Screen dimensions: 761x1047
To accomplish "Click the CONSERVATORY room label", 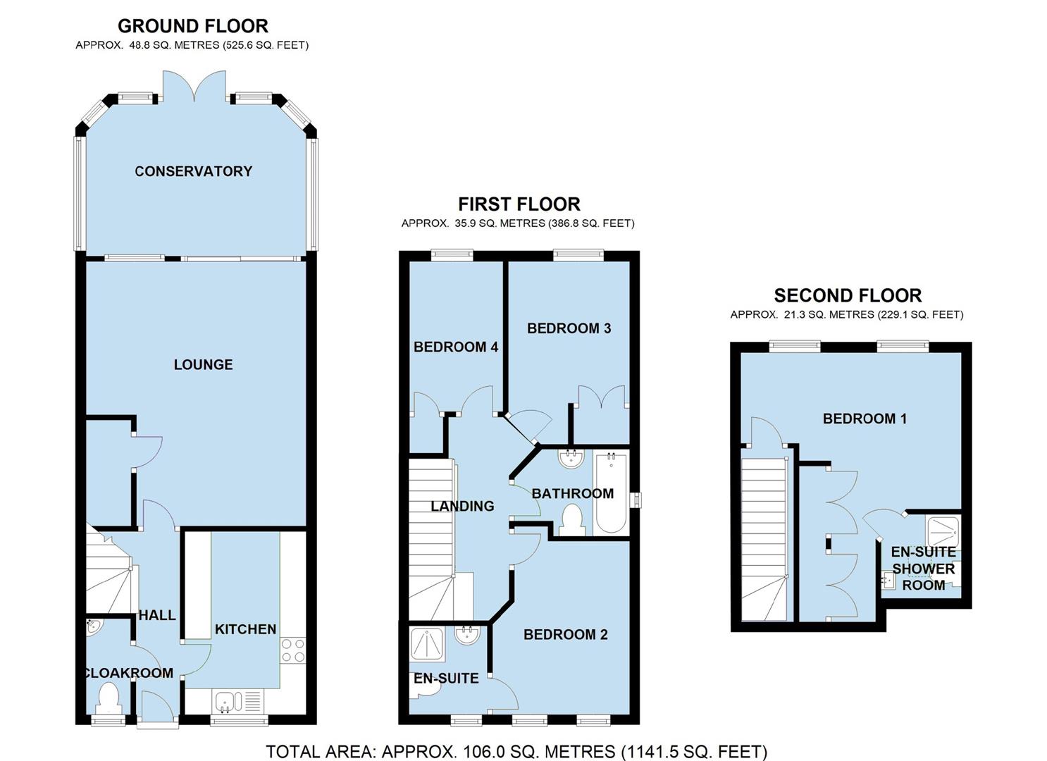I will tap(193, 171).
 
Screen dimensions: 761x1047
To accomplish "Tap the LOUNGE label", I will tap(203, 364).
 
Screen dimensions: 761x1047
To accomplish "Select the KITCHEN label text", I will tap(245, 629).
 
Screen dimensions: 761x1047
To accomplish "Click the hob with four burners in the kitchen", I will tap(293, 650).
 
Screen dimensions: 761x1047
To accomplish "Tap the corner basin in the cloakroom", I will tap(93, 626).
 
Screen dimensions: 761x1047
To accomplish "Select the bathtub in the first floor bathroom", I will tap(611, 493).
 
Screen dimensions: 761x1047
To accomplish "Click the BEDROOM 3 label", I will tap(569, 328).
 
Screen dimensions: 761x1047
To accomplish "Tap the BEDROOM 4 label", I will tap(455, 347).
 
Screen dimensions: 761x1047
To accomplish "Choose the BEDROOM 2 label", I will tap(565, 635).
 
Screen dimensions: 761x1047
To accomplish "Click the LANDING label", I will tap(462, 506).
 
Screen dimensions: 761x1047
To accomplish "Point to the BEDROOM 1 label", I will tap(865, 419).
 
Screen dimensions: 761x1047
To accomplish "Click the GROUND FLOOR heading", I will tap(192, 26).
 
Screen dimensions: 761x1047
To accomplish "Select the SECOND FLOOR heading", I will tap(848, 295).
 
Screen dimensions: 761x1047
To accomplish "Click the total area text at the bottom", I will tap(516, 752).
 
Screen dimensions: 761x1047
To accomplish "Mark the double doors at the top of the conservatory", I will tap(194, 88).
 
